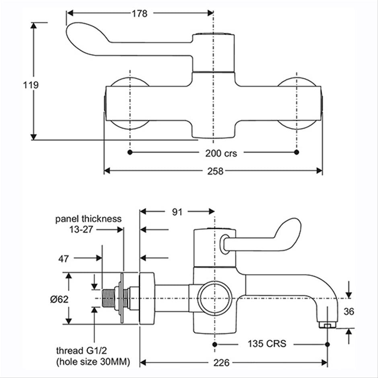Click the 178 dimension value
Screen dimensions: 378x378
pos(140,14)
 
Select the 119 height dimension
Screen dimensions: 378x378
pos(31,85)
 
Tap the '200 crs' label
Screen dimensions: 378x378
pos(221,153)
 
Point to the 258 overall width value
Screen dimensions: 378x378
pos(215,171)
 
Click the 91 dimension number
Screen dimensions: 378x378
pos(177,212)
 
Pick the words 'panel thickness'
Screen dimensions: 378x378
pos(88,219)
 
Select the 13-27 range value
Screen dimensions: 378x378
pos(81,229)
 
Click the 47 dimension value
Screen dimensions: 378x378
pos(64,259)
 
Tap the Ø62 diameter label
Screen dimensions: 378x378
pos(59,300)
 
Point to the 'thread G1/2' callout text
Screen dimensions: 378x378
pos(82,351)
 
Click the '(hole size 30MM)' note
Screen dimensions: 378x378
pos(93,362)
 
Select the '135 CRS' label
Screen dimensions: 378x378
pos(267,343)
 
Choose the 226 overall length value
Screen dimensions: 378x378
pos(221,363)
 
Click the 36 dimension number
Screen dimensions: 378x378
pos(349,312)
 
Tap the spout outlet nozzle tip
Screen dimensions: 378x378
pos(327,325)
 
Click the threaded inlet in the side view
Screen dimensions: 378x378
pos(109,298)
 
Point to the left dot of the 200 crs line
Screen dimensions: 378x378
pos(130,152)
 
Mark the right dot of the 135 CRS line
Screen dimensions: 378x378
pos(327,345)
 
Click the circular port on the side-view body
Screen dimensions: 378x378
pos(215,298)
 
